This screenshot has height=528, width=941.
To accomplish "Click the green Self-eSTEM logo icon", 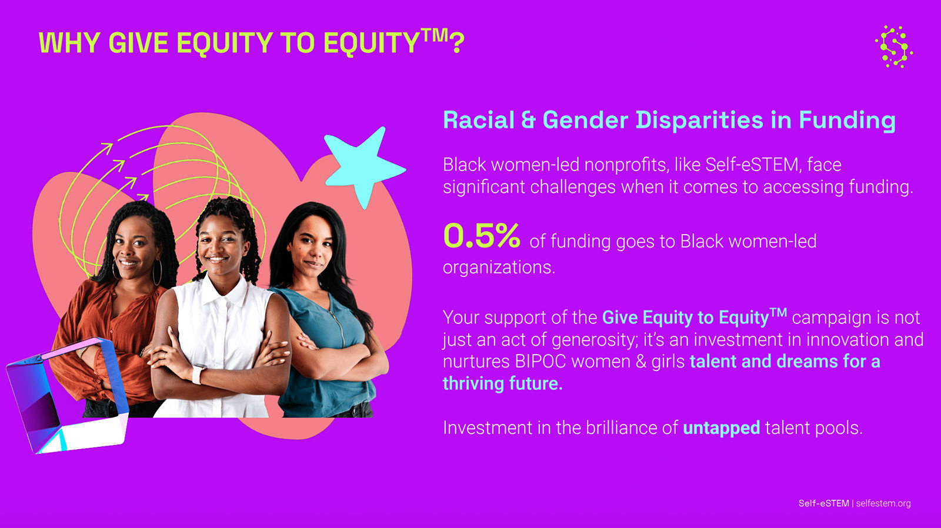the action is point(893,46).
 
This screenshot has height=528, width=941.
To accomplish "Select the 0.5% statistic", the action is point(482,236).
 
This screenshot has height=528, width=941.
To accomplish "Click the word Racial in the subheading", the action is point(479,120).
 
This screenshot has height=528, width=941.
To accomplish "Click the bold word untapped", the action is point(721,428).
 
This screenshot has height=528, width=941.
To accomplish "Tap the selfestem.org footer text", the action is point(883,503).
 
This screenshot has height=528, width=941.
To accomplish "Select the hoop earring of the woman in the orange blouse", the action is point(158,272).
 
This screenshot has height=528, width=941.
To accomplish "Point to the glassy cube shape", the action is point(67,396).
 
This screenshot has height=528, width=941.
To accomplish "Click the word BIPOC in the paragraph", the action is point(540,362).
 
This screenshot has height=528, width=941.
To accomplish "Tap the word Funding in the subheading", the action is point(847,121).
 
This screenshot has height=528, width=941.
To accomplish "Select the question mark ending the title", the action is point(456,42).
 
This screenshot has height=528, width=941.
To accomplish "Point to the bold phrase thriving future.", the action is point(502,384).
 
